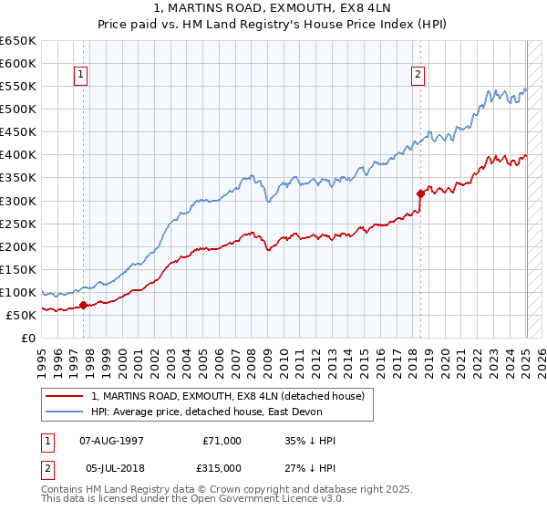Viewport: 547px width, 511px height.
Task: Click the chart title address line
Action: click(273, 8)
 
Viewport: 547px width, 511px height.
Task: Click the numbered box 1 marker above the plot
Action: click(82, 76)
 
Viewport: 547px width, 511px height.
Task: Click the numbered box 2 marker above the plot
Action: click(418, 76)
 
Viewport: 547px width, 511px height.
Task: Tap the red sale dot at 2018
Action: click(420, 193)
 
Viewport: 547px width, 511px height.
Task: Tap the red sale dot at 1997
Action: click(83, 306)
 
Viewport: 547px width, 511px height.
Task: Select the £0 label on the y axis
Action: click(27, 338)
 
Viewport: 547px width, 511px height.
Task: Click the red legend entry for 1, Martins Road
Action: click(227, 396)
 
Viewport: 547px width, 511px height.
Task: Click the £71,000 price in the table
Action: click(222, 441)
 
